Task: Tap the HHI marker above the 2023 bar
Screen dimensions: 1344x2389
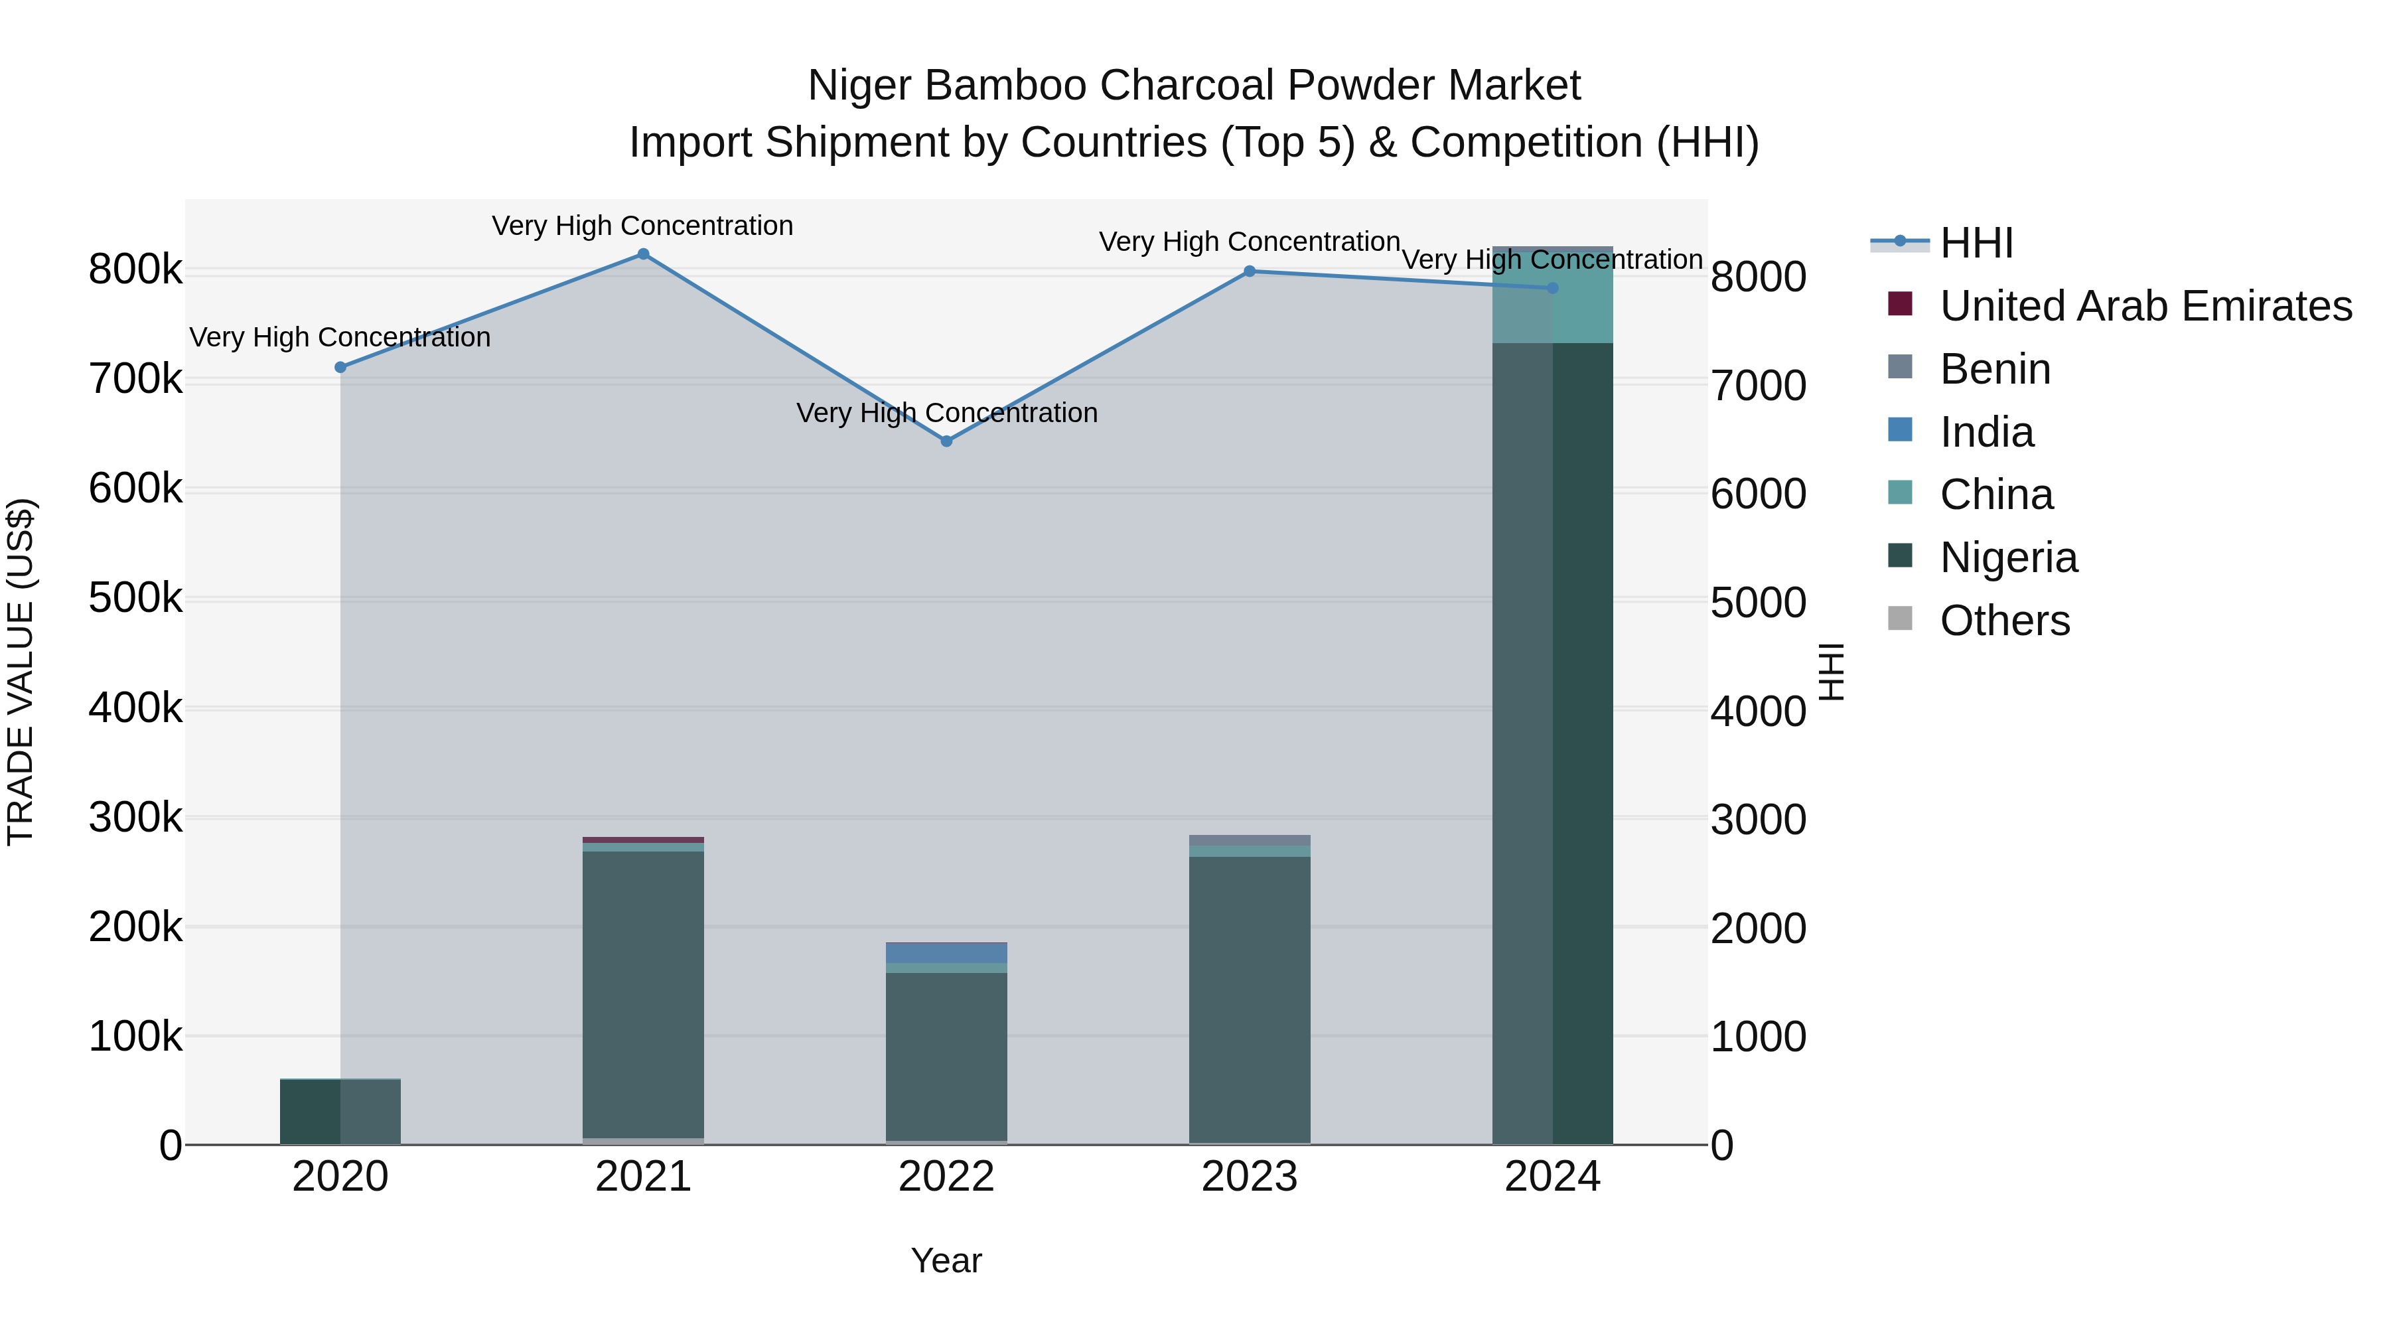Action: [x=1249, y=271]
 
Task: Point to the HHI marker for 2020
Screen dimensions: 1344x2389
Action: [x=340, y=367]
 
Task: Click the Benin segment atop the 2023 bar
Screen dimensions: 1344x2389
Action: [x=1249, y=840]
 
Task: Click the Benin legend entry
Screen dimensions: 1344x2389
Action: [x=1994, y=369]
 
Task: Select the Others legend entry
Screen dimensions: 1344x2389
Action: [x=2003, y=621]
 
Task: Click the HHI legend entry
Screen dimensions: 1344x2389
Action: [x=1976, y=243]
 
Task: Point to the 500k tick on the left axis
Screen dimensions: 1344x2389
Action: [x=135, y=598]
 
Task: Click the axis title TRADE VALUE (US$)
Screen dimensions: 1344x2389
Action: [x=21, y=672]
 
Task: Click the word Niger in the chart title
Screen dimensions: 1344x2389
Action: [x=859, y=86]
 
